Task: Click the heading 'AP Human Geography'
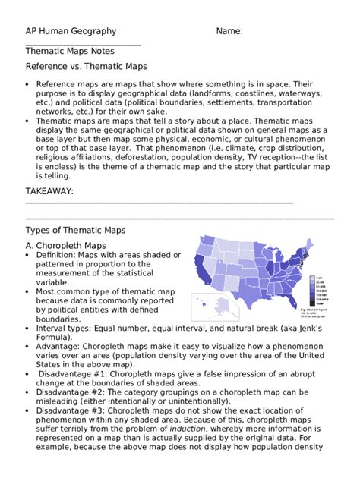point(71,31)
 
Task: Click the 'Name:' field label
point(229,31)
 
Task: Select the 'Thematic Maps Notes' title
point(70,52)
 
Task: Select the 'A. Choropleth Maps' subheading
point(71,246)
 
